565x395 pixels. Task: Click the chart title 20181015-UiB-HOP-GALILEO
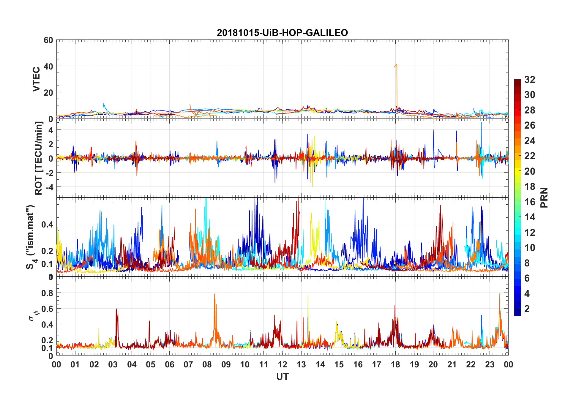(282, 33)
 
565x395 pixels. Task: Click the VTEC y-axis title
(36, 79)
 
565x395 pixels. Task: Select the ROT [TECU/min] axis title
(39, 158)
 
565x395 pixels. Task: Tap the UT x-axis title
(282, 377)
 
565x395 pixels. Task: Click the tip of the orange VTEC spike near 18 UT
(397, 64)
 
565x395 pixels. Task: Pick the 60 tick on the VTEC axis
(48, 40)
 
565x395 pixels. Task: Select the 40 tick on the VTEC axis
(48, 67)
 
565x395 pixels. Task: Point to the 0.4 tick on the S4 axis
(47, 225)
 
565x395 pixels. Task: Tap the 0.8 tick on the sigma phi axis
(47, 293)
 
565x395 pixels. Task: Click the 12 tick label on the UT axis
(282, 365)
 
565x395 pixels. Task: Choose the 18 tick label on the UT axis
(395, 365)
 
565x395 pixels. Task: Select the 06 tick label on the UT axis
(169, 365)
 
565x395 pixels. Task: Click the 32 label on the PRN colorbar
(530, 80)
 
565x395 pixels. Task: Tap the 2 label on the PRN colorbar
(527, 309)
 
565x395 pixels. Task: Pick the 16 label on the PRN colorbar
(530, 202)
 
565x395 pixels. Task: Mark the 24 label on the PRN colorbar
(530, 141)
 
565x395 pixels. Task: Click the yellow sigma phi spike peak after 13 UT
(308, 295)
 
